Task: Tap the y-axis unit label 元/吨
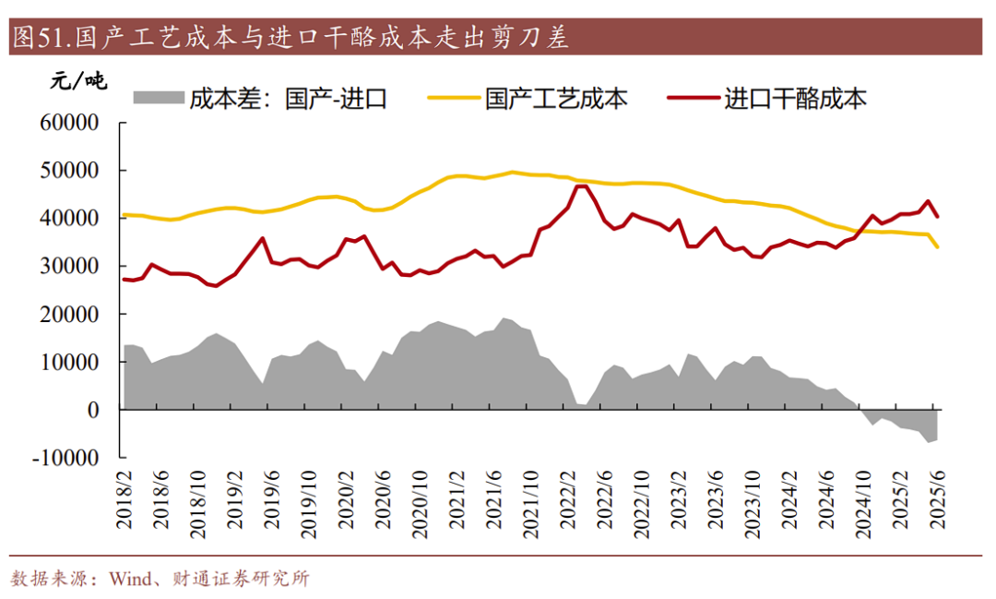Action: [78, 82]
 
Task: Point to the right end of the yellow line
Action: [938, 247]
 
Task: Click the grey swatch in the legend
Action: [158, 97]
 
